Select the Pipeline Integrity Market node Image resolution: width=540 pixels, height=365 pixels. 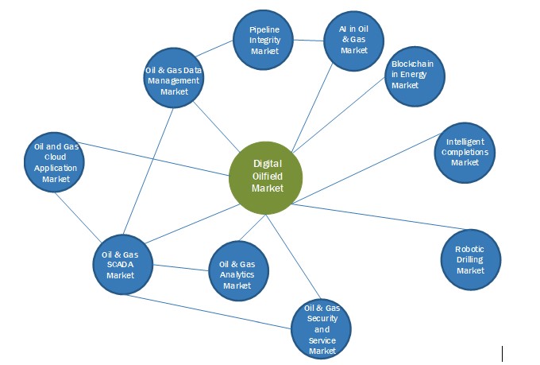coord(264,40)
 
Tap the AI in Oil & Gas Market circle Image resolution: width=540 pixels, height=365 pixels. coord(354,39)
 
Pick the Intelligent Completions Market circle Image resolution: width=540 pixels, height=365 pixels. coord(465,151)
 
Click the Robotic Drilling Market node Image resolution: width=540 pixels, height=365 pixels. coord(470,259)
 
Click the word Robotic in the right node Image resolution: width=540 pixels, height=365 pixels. coord(469,249)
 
